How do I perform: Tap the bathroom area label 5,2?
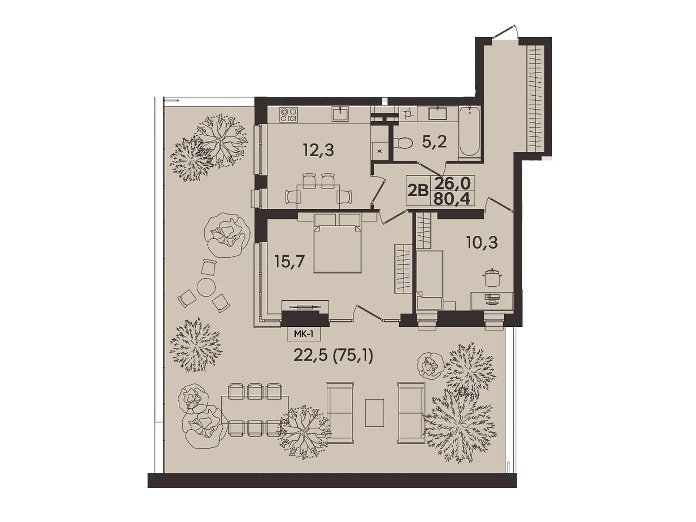[x=434, y=142]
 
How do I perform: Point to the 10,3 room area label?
[x=482, y=242]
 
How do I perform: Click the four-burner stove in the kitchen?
[x=288, y=114]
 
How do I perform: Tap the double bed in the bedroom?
[x=338, y=246]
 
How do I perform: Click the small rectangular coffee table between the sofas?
[x=375, y=412]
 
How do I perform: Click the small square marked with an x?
[x=380, y=151]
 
